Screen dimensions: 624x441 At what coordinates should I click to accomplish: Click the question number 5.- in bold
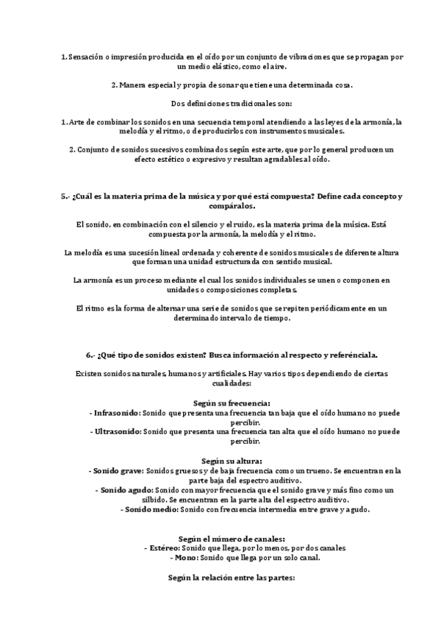(x=66, y=198)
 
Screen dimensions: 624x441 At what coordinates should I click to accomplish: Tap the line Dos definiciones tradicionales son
(x=220, y=103)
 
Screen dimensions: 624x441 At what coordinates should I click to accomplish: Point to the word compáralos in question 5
(x=220, y=208)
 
